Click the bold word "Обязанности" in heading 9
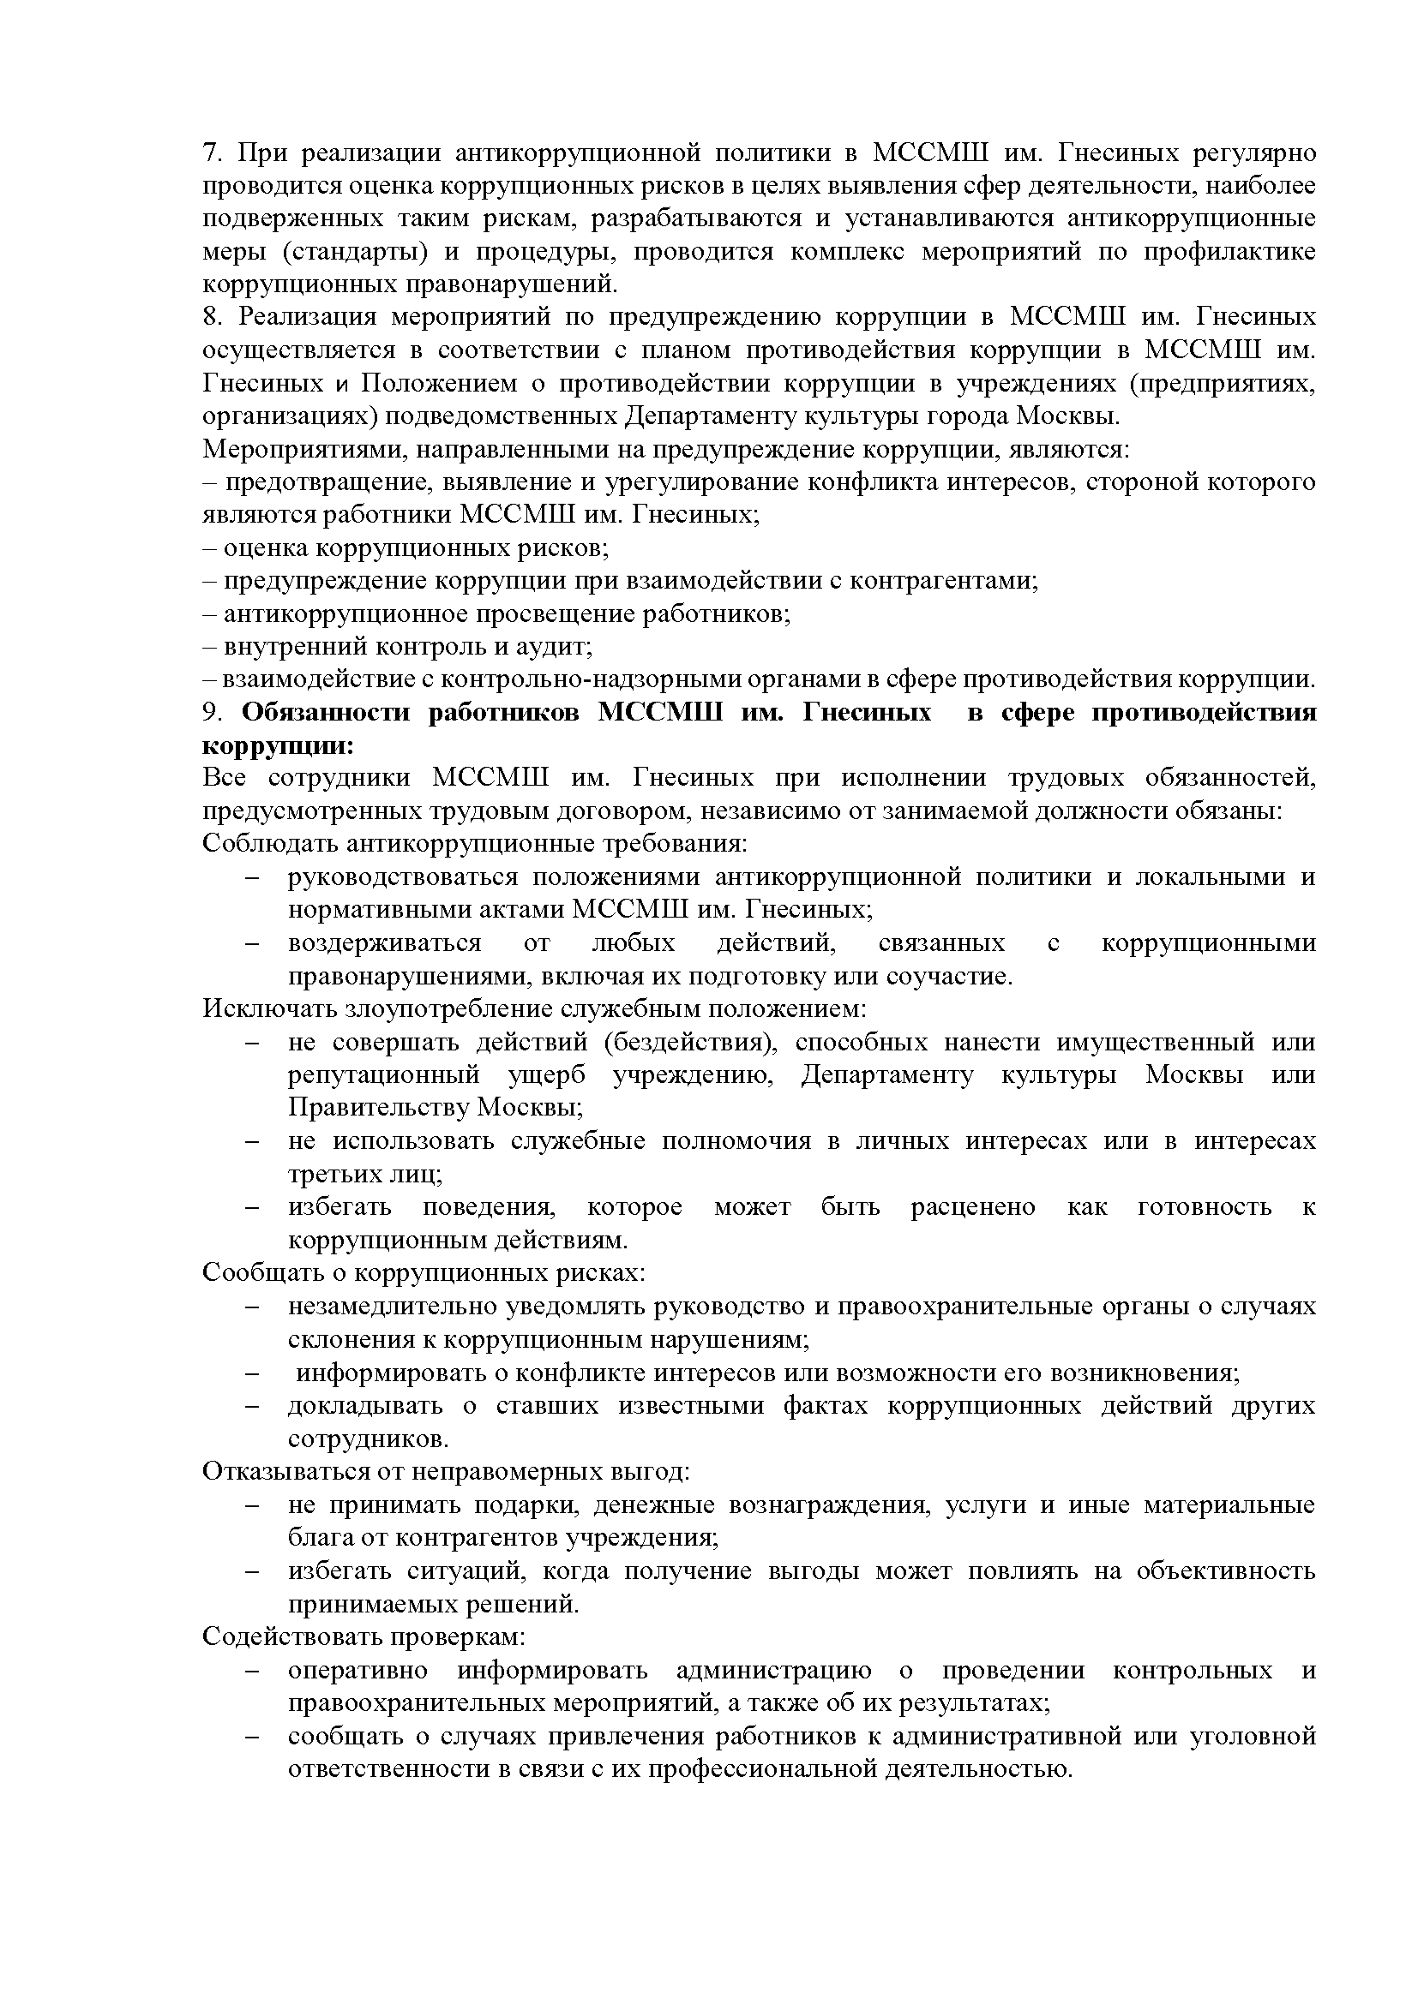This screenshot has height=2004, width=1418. click(326, 713)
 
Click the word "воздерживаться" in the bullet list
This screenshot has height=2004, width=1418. click(384, 943)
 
